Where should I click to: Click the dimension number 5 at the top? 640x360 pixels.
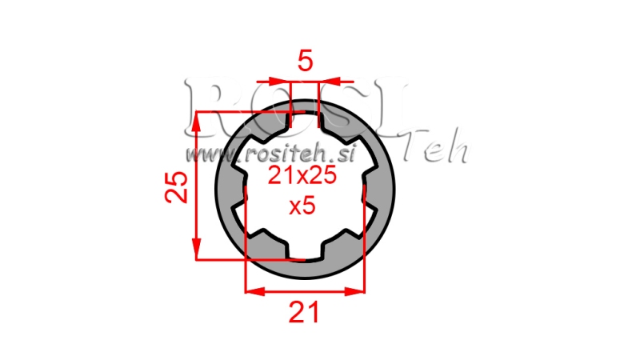coord(304,62)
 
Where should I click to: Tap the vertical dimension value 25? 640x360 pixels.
coord(178,187)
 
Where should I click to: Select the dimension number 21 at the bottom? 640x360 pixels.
coord(304,312)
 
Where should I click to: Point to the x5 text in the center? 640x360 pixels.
coord(302,206)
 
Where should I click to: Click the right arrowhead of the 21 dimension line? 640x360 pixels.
coord(358,291)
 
